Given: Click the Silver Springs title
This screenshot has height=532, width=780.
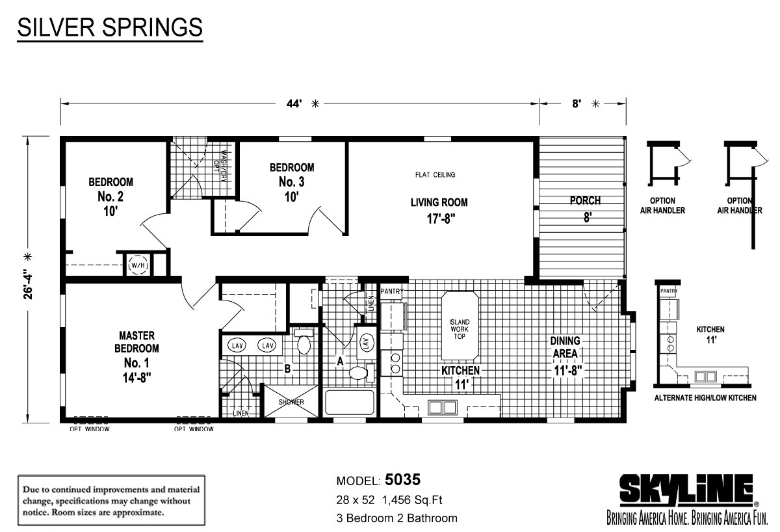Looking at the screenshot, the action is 110,27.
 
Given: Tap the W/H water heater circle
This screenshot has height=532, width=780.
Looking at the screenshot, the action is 138,265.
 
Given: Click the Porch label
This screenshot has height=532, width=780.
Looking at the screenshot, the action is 585,201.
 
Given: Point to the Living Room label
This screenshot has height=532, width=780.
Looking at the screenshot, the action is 439,202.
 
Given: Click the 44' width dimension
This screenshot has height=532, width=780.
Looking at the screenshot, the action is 294,103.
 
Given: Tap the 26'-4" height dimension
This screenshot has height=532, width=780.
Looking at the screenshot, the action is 28,284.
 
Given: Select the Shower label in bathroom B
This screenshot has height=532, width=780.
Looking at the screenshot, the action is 291,402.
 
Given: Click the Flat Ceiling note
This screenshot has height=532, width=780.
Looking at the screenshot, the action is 435,174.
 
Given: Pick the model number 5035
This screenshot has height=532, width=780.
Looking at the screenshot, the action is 402,480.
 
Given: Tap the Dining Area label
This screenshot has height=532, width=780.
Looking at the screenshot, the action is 565,347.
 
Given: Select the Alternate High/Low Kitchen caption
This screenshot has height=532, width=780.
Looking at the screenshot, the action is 705,397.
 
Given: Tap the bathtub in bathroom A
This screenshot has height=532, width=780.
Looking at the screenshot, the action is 349,402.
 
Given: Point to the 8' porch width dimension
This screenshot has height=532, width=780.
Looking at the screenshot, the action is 577,103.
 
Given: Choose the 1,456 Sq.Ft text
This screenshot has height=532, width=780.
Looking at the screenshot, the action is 412,500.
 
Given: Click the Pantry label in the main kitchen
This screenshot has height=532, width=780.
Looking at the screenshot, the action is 392,291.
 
